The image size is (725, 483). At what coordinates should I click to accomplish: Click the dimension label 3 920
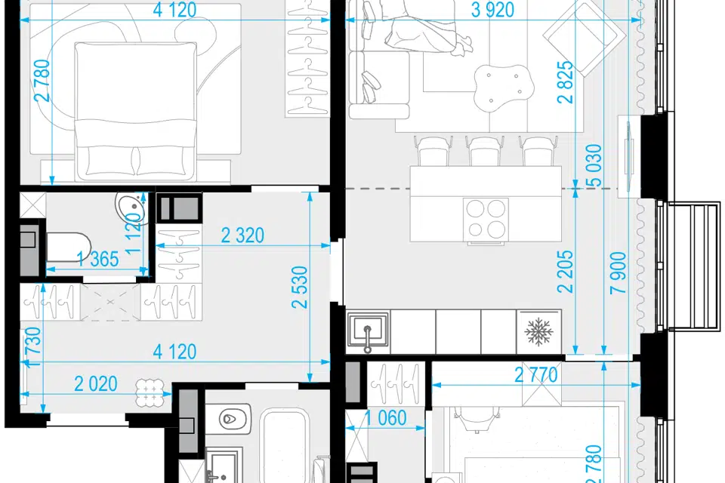(492, 10)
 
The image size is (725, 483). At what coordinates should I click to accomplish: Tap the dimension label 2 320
(242, 235)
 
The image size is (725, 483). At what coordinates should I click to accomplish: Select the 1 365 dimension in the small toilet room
(98, 260)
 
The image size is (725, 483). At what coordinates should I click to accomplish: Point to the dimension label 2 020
(96, 384)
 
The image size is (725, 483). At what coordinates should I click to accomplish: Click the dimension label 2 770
(536, 375)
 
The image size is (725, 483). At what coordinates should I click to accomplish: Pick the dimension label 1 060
(386, 418)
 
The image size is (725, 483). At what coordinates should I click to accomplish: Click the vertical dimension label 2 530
(300, 287)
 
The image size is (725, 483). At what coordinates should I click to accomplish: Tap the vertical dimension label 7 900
(619, 272)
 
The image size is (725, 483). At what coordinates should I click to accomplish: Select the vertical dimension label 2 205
(565, 272)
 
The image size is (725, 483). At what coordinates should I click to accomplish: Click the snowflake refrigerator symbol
(538, 331)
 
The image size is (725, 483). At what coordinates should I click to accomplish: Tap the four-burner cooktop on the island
(486, 219)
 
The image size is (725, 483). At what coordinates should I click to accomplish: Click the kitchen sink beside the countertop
(368, 331)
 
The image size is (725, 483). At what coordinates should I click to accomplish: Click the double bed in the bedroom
(135, 111)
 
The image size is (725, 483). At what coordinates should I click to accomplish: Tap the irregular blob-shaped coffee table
(504, 87)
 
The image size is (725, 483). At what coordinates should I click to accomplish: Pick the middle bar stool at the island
(485, 150)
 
